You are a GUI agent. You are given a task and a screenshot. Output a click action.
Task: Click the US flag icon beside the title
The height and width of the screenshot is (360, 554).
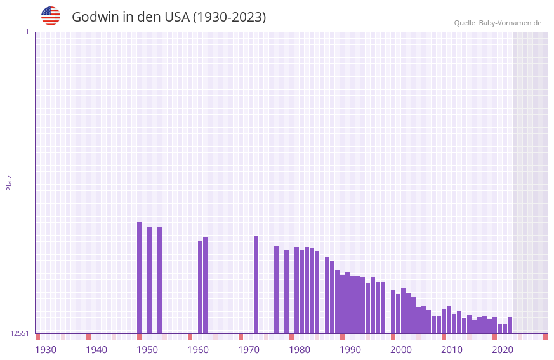51,16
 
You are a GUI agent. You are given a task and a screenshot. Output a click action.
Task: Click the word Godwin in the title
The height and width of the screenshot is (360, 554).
94,17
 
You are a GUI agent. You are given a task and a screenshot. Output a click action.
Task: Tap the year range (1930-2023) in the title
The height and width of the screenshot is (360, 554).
229,17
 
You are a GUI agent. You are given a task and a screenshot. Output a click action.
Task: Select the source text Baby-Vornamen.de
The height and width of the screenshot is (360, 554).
510,23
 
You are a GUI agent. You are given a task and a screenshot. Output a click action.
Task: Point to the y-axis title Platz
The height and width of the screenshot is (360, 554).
9,182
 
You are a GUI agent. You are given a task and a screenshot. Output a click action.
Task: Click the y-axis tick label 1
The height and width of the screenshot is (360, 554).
27,32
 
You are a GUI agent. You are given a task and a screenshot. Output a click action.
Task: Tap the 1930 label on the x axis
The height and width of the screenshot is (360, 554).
46,350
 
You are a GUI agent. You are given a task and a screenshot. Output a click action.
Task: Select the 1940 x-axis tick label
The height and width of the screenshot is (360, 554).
96,350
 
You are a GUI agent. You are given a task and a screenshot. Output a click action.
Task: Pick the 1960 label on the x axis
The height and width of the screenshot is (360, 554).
198,350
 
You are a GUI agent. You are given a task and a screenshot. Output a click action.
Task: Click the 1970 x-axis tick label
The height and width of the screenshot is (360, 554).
249,350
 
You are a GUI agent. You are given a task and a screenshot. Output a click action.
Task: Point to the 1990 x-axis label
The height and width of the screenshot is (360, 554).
350,350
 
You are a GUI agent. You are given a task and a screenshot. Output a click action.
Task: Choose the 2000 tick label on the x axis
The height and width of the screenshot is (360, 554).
401,350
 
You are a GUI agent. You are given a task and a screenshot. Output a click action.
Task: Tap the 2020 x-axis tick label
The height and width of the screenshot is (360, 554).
503,350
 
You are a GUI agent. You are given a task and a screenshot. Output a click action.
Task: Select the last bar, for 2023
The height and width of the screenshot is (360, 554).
510,325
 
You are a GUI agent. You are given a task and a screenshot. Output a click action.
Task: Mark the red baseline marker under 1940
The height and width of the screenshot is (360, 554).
88,337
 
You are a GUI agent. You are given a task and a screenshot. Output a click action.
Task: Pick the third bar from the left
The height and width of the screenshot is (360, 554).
159,280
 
